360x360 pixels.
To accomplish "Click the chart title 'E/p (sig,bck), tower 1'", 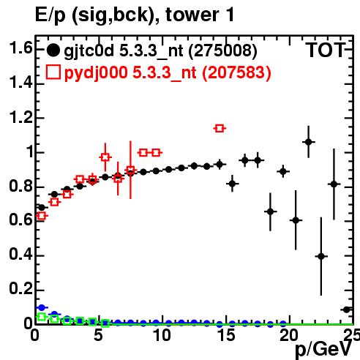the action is (135, 15).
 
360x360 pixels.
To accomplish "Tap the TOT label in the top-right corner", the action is (326, 50).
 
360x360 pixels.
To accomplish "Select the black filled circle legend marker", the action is (53, 50).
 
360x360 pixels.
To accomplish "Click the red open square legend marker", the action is (53, 72).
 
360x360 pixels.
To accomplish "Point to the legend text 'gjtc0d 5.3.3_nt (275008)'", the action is (160, 51).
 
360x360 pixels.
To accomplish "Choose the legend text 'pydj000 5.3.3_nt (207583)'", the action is (168, 72).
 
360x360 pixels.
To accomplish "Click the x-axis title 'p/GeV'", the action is (323, 349).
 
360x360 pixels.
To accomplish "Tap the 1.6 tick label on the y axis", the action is (20, 48).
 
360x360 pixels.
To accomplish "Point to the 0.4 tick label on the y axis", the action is (20, 254).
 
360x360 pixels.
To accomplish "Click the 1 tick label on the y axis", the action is (29, 151).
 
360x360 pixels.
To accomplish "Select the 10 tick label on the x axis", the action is (162, 335).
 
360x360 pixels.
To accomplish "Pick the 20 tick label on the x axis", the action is (289, 335).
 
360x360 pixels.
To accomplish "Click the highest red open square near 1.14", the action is (220, 128).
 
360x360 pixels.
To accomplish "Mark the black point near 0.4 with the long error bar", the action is (321, 256).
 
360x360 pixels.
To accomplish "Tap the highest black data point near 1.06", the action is (309, 142).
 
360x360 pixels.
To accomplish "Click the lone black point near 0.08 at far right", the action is (347, 310).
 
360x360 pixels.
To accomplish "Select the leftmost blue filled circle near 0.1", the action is (42, 307).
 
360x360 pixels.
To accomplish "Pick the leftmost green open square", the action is (42, 317).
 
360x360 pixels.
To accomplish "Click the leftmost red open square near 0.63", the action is (42, 216).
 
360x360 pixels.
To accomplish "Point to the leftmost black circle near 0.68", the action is (42, 208).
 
